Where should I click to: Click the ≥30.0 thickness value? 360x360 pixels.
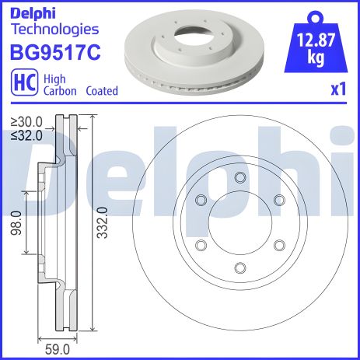28,121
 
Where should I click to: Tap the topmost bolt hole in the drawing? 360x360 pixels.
239,177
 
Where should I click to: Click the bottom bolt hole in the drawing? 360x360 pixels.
239,268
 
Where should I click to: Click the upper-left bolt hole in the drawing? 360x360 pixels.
201,200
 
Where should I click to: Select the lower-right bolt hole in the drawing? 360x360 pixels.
278,246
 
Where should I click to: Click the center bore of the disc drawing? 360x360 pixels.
239,223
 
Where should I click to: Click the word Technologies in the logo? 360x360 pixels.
54,30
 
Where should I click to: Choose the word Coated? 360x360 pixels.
103,91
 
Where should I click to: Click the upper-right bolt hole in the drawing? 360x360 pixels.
278,200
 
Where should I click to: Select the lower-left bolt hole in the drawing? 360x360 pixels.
201,246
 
